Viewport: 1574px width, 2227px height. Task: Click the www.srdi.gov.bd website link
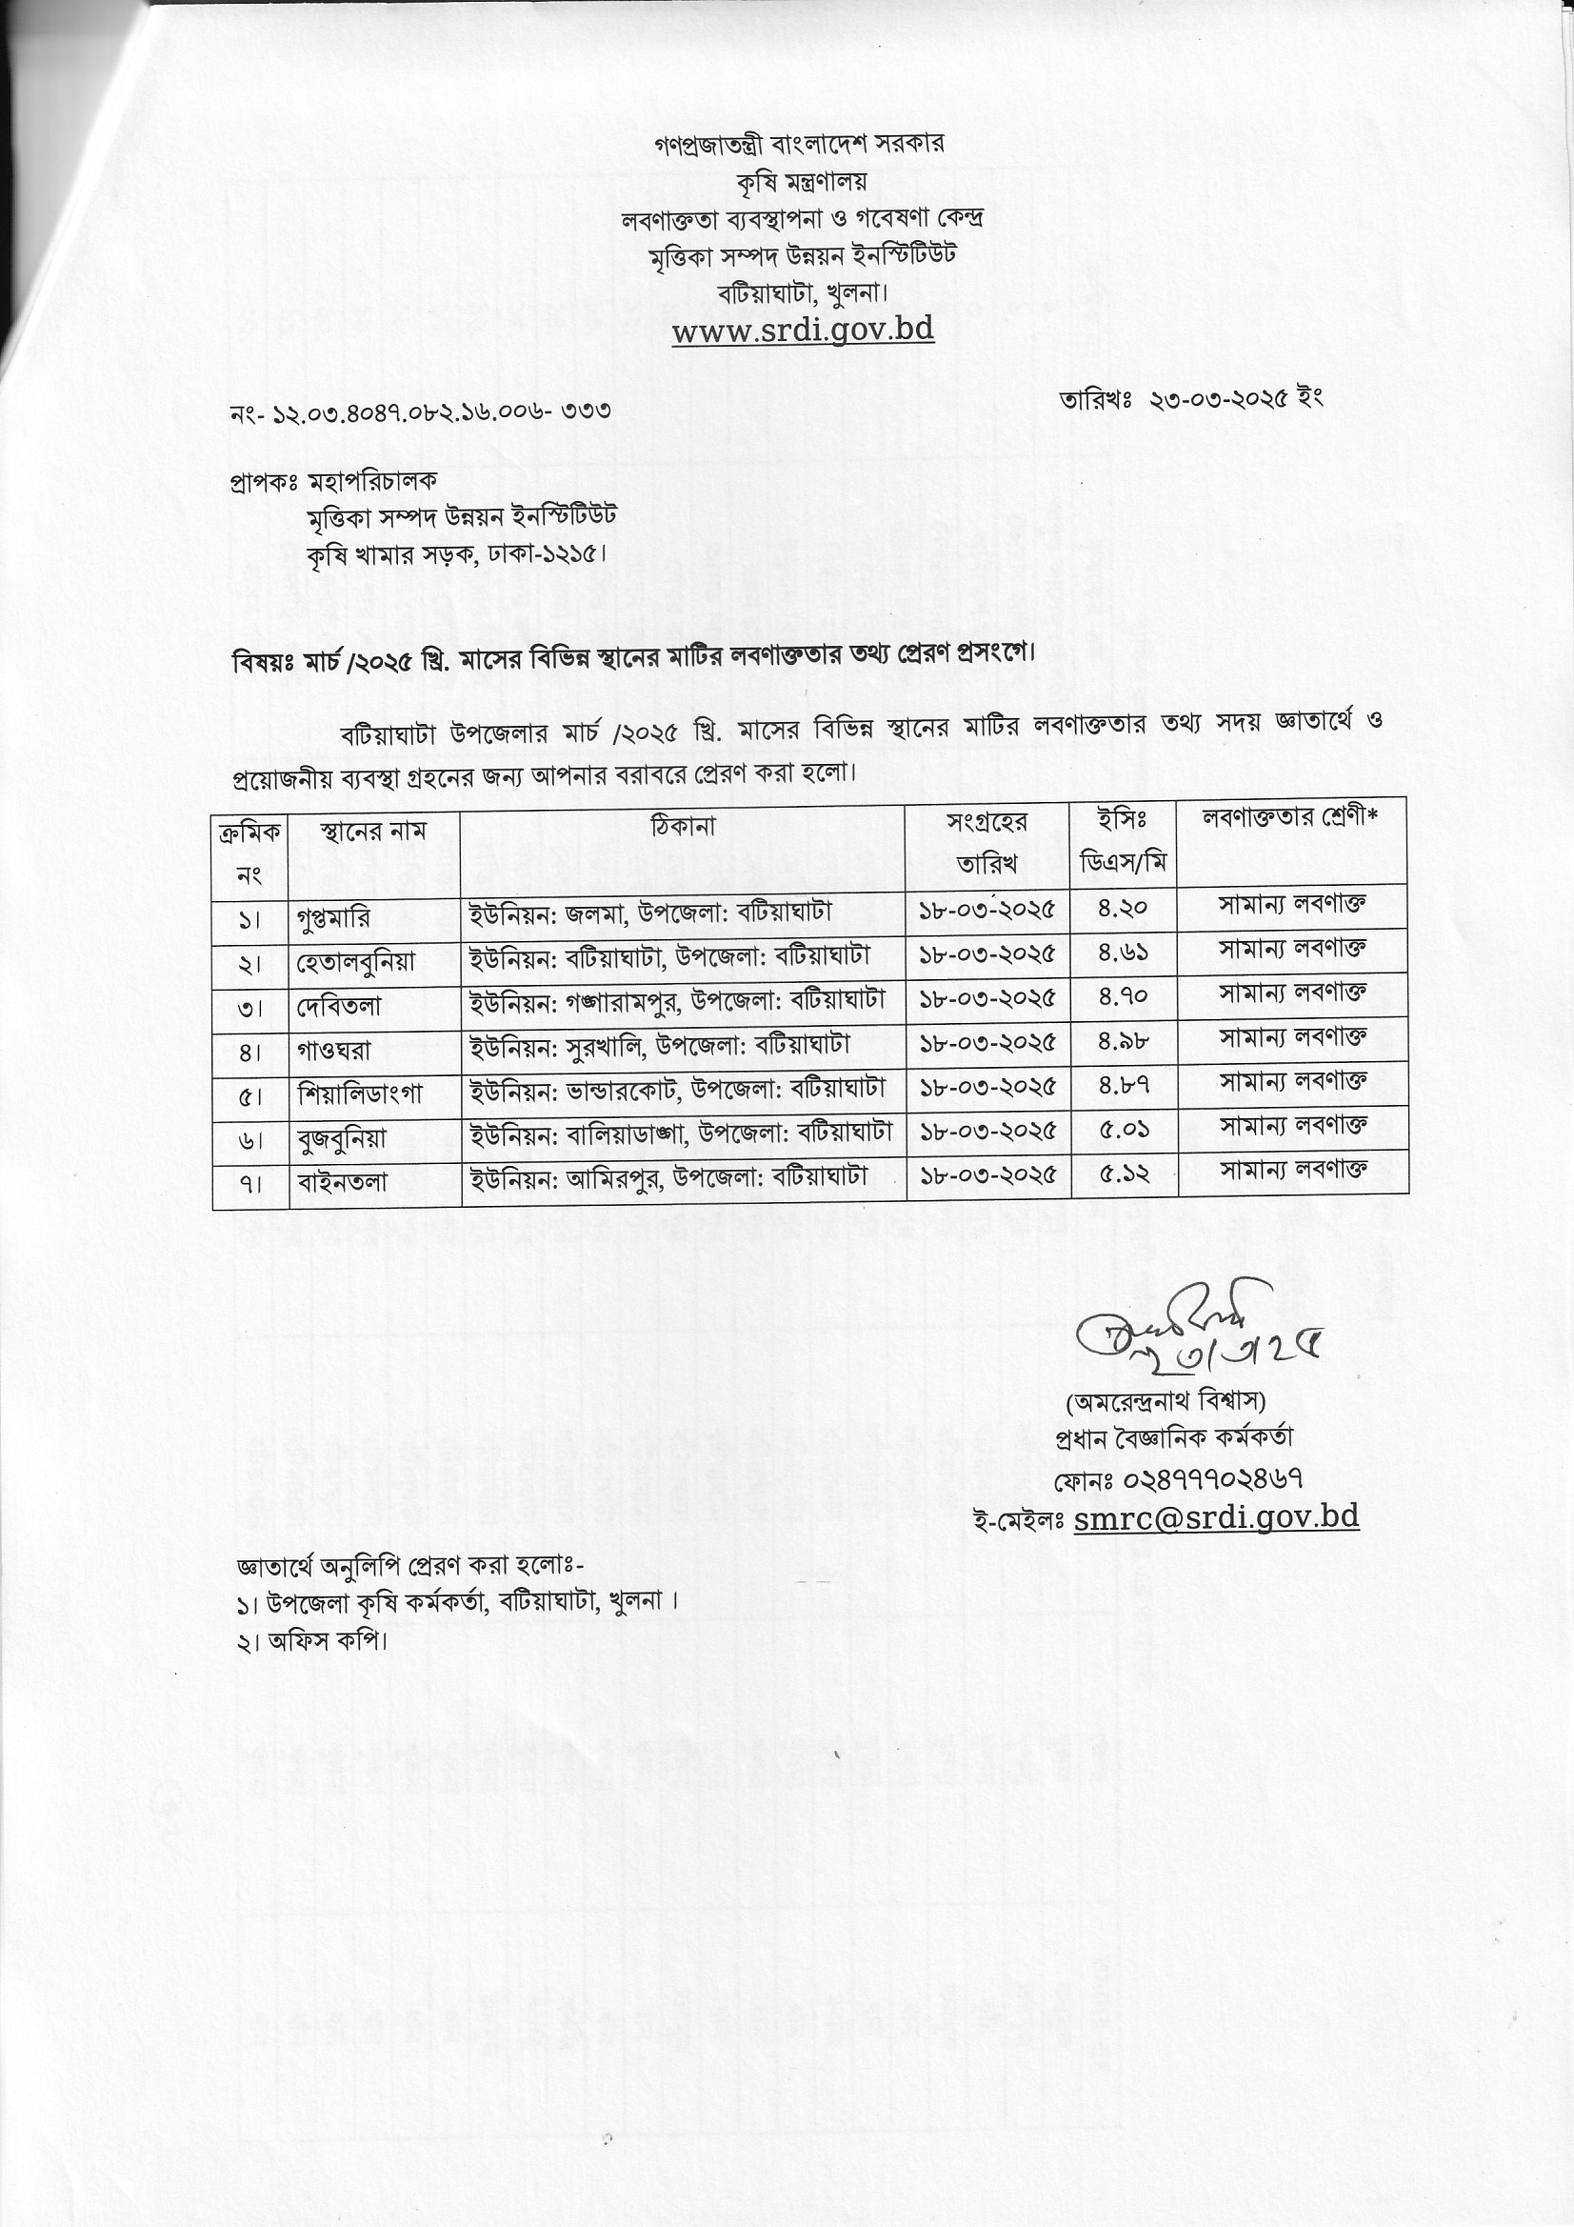pyautogui.click(x=802, y=331)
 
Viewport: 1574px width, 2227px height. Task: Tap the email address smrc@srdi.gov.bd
pyautogui.click(x=1216, y=1517)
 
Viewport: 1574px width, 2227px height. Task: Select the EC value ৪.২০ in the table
pyautogui.click(x=1123, y=909)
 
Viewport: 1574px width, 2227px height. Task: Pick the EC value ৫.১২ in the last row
pyautogui.click(x=1123, y=1174)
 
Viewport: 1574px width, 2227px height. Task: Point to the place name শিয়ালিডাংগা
pyautogui.click(x=360, y=1094)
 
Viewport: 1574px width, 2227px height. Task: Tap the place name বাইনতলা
pyautogui.click(x=343, y=1182)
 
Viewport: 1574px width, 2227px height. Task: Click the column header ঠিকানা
pyautogui.click(x=683, y=827)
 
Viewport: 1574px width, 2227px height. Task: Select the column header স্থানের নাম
pyautogui.click(x=373, y=832)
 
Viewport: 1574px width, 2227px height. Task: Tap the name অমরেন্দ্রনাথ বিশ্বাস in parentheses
pyautogui.click(x=1165, y=1400)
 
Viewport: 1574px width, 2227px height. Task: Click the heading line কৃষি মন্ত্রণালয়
pyautogui.click(x=801, y=181)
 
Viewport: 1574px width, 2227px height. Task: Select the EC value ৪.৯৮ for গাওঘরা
pyautogui.click(x=1123, y=1041)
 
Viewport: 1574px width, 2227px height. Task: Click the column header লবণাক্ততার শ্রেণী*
pyautogui.click(x=1290, y=817)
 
